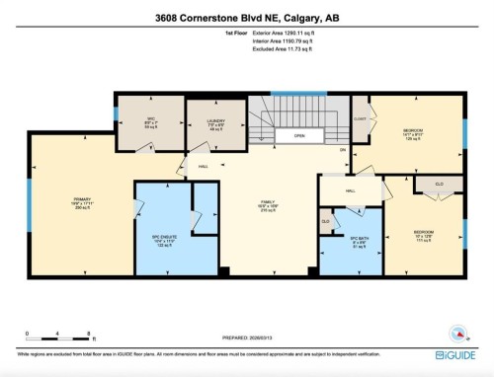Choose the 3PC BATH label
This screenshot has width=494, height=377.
(x=359, y=242)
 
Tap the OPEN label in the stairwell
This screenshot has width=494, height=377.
(x=297, y=137)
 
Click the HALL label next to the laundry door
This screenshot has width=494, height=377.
(x=203, y=167)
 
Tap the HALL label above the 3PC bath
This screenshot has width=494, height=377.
(x=351, y=191)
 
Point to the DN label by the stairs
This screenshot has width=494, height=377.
(x=343, y=149)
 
